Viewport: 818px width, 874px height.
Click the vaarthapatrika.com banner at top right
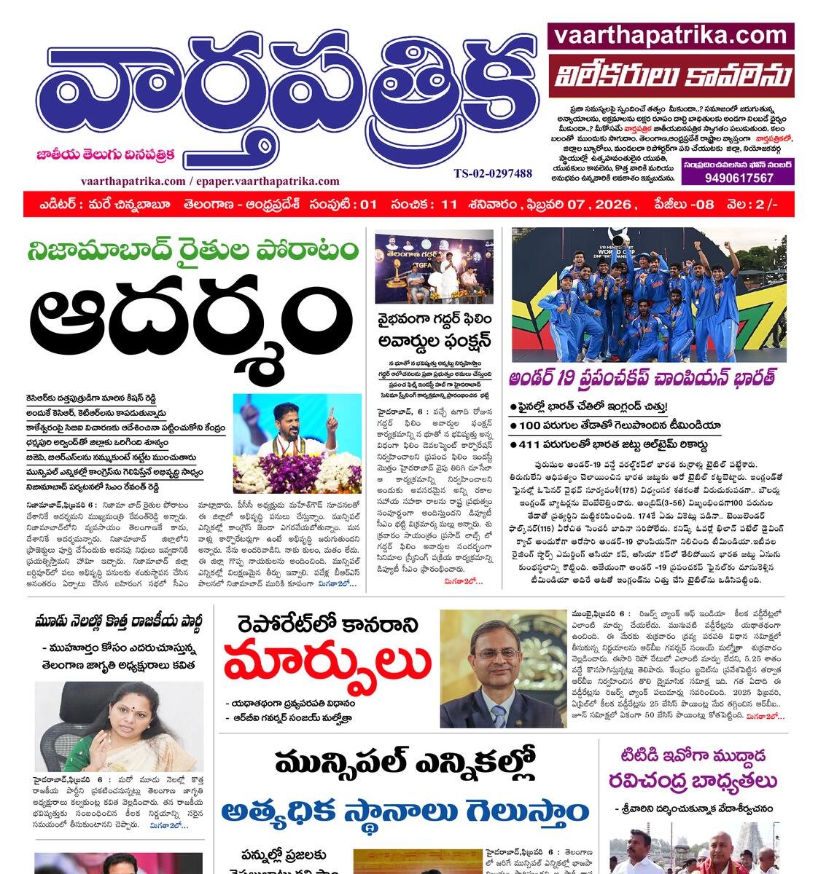[x=670, y=36]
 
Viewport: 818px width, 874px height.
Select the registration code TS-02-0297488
[x=492, y=173]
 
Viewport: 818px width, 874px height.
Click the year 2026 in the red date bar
[x=611, y=205]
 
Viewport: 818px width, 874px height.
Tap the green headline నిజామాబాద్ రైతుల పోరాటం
[x=192, y=250]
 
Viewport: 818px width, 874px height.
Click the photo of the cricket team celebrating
[x=649, y=294]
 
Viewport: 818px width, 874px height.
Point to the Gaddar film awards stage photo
[x=435, y=267]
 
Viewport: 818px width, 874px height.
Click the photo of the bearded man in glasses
[x=502, y=669]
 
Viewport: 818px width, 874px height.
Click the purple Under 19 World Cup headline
[x=642, y=378]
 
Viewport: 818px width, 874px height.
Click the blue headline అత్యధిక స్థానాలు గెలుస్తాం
[x=406, y=811]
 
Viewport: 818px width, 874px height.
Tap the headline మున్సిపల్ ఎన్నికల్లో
[x=405, y=764]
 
